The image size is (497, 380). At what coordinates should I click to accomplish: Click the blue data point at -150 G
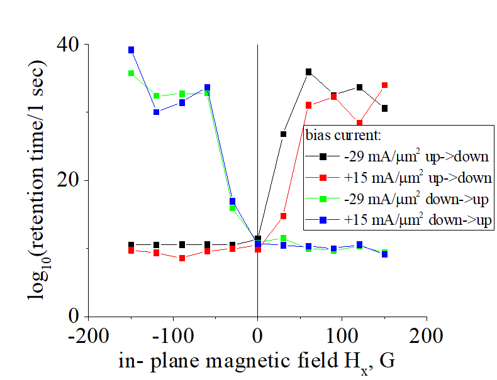[131, 50]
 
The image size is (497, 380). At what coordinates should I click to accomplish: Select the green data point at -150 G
[131, 73]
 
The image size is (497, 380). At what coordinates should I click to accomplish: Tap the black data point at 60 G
[308, 72]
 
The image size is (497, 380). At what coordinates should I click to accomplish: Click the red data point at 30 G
[283, 216]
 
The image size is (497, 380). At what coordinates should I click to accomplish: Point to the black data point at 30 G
[283, 134]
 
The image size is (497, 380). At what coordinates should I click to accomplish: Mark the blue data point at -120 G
[156, 112]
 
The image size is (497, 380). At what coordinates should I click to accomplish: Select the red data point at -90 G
[182, 258]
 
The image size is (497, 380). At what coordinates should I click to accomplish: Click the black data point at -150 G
[131, 245]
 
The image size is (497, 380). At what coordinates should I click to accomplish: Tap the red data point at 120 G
[359, 123]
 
